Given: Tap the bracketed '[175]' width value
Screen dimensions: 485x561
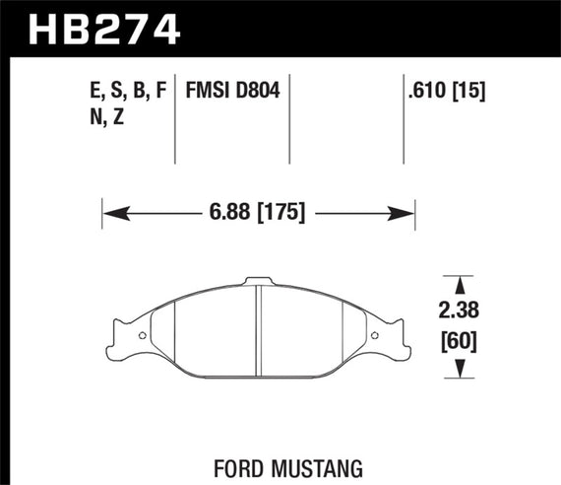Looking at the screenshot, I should pos(280,212).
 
